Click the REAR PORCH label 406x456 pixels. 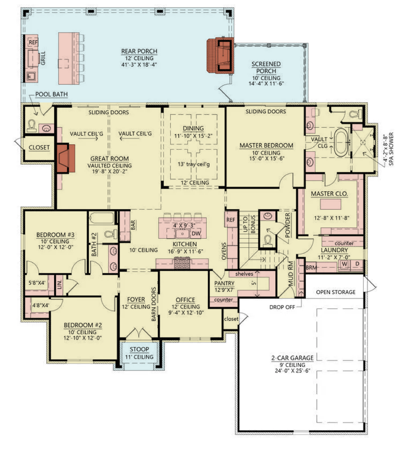click(x=139, y=51)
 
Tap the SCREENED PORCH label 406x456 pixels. click(x=266, y=68)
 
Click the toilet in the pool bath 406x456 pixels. click(x=32, y=125)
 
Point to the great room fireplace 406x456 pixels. click(x=66, y=158)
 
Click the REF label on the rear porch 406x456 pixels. click(x=33, y=42)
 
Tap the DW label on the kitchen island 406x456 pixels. click(x=196, y=233)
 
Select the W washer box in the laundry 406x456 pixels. click(x=344, y=264)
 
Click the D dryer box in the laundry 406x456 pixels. click(x=357, y=264)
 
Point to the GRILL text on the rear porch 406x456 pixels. click(x=43, y=58)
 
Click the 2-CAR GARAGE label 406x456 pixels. click(x=293, y=358)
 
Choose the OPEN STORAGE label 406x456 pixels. click(x=336, y=292)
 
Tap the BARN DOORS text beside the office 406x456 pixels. click(x=153, y=304)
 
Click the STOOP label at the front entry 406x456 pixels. click(x=139, y=349)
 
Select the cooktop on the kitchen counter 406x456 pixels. click(x=182, y=263)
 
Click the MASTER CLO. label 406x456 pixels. click(x=330, y=194)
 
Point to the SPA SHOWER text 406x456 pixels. click(x=391, y=149)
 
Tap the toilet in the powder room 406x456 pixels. click(x=267, y=239)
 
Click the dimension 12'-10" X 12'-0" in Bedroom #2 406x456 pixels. click(x=82, y=338)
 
